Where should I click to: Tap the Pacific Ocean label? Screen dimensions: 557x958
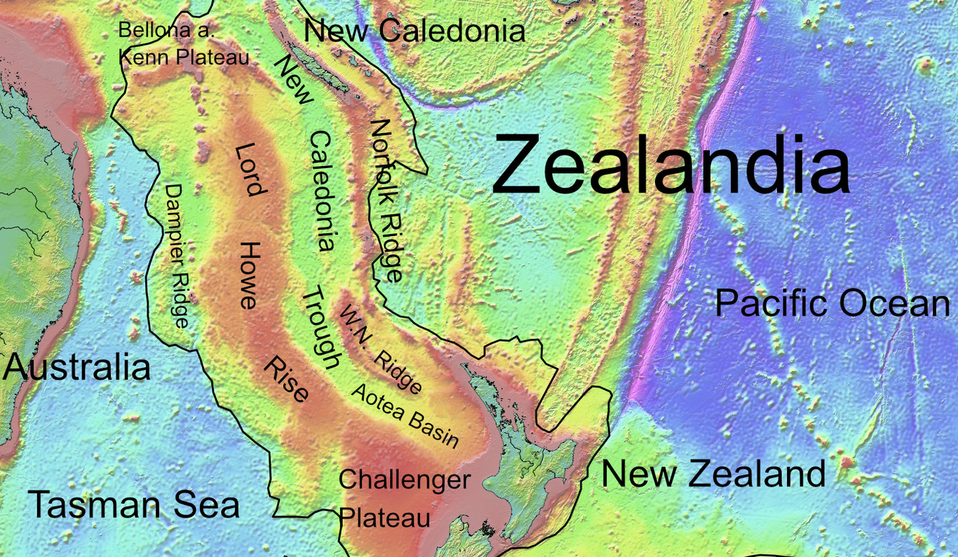click(x=832, y=304)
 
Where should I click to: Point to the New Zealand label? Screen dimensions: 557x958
click(x=713, y=474)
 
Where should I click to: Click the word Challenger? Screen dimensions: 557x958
click(x=404, y=480)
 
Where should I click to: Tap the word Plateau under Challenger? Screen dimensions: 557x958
click(x=384, y=518)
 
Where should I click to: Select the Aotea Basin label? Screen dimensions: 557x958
click(x=405, y=415)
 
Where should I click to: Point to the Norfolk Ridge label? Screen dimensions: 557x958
click(x=386, y=200)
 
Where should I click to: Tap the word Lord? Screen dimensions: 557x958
click(x=249, y=169)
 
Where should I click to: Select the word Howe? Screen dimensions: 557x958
click(x=250, y=275)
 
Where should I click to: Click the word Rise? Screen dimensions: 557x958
click(x=286, y=378)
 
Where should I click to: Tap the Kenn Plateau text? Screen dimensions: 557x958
click(x=184, y=57)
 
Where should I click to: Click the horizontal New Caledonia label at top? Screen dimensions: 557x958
click(x=414, y=31)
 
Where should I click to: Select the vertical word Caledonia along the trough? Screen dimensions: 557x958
click(x=321, y=191)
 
